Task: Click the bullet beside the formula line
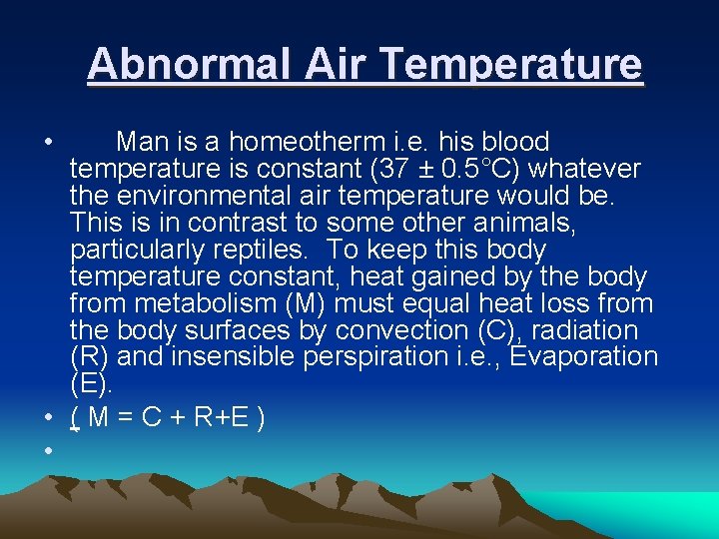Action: pos(48,419)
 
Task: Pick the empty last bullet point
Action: pos(48,452)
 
